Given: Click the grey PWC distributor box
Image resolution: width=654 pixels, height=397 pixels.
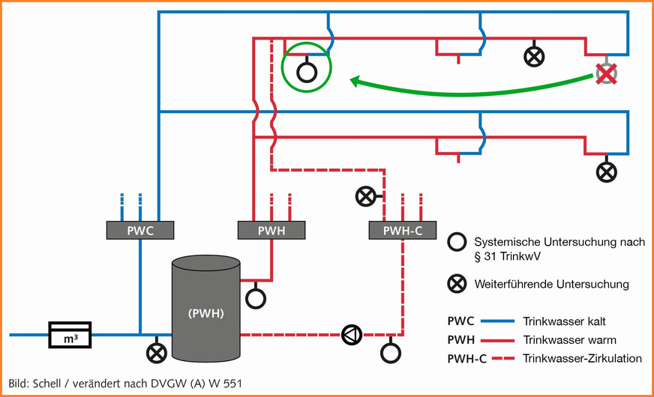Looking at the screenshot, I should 140,230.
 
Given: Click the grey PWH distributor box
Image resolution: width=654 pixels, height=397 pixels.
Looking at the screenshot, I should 271,230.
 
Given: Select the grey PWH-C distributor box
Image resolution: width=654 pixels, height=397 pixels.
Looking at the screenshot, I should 403,230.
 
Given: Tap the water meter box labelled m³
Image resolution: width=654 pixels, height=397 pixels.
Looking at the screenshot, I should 70,334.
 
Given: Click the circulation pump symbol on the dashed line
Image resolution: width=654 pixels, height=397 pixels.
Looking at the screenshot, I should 351,334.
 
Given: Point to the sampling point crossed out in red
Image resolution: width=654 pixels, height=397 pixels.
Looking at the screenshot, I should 605,73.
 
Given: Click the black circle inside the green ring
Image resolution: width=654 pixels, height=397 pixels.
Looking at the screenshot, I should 305,71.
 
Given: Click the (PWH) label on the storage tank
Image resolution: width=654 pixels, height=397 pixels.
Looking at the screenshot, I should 205,312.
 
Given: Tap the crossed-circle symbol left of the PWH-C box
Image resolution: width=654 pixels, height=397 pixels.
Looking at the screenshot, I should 365,197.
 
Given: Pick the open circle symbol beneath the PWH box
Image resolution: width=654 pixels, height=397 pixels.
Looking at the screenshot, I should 256,297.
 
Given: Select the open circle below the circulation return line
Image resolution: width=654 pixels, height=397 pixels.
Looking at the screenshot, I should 391,351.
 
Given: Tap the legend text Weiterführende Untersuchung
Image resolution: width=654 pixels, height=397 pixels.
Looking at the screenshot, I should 551,284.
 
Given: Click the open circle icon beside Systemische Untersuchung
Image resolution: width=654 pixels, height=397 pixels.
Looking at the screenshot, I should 456,242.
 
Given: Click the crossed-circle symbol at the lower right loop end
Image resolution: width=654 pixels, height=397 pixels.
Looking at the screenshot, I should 606,172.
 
